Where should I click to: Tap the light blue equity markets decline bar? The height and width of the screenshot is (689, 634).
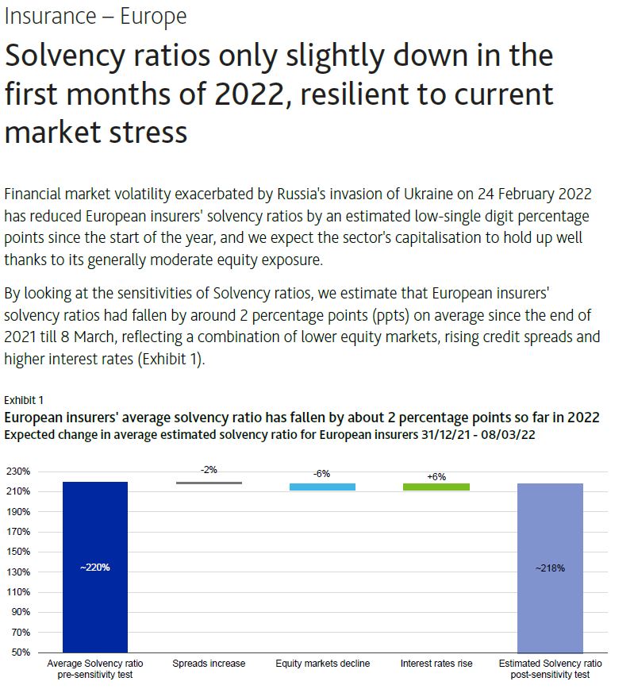(x=322, y=487)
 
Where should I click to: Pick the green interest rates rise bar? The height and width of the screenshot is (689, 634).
(x=436, y=487)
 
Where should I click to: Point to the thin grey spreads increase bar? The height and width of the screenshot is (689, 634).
(x=209, y=483)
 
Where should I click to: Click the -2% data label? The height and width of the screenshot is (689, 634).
(x=209, y=470)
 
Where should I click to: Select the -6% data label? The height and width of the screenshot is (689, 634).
(x=322, y=473)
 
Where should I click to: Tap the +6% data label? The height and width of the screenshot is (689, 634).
(x=436, y=476)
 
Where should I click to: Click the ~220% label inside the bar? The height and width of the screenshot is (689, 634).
(x=95, y=568)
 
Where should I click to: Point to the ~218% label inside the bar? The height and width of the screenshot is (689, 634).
(x=550, y=568)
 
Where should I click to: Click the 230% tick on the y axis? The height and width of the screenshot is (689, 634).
(x=19, y=472)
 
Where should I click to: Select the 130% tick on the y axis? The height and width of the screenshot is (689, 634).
(x=19, y=572)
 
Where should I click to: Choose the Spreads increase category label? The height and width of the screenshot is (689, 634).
(x=209, y=663)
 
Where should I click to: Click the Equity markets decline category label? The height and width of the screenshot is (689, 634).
(x=322, y=663)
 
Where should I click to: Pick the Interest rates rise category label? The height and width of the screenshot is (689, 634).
(x=436, y=663)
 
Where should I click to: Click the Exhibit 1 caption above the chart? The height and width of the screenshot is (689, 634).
(x=23, y=399)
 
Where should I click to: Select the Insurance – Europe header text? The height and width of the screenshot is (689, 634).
(x=95, y=16)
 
